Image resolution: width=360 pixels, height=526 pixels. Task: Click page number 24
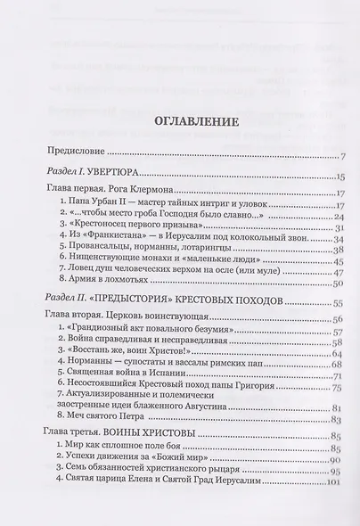[339, 217]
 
